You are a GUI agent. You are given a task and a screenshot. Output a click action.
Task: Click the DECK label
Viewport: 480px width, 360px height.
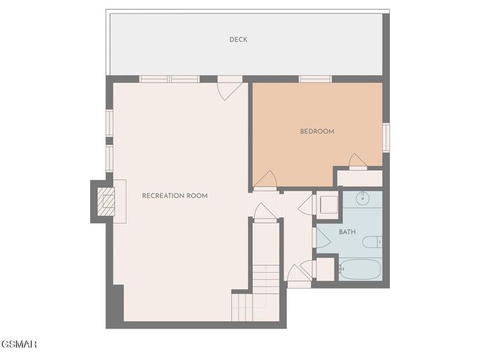click(x=238, y=40)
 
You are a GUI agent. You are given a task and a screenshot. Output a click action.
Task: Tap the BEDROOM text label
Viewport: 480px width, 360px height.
click(x=316, y=131)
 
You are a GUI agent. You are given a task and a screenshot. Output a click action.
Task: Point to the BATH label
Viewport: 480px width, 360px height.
click(x=347, y=232)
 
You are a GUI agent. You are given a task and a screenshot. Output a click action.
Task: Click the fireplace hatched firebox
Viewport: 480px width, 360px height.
click(x=106, y=201)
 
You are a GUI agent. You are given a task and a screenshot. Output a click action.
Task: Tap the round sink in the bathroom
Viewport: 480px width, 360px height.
click(x=362, y=199)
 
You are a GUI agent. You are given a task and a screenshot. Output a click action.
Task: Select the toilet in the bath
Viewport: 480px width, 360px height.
click(x=372, y=241)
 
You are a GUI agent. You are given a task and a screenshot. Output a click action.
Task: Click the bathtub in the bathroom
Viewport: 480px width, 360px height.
click(x=360, y=268)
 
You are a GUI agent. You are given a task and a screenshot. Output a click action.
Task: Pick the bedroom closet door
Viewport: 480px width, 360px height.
click(x=358, y=161)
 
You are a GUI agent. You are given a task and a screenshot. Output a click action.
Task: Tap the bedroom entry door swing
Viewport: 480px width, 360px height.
click(x=265, y=180)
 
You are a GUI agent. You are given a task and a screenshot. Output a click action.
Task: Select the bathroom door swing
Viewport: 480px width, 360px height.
click(x=322, y=238)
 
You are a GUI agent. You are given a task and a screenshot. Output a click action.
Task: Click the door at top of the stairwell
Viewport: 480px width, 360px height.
click(x=264, y=212)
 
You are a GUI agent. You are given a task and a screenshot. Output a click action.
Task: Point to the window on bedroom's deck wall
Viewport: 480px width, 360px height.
click(x=315, y=79)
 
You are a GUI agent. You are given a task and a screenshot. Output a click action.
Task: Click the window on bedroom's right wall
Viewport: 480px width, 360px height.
click(x=385, y=137)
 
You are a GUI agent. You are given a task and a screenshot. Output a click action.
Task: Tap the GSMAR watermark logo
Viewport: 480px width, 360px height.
click(x=18, y=344)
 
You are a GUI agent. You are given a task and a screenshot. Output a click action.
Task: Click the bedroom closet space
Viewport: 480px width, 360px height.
click(x=359, y=178)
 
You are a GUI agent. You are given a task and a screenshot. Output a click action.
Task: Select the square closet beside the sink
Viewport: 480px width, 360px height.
click(x=327, y=204)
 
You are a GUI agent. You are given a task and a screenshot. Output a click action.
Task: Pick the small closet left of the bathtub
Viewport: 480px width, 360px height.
click(x=325, y=268)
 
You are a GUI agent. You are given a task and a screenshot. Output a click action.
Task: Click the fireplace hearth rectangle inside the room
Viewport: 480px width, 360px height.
click(x=119, y=201)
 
